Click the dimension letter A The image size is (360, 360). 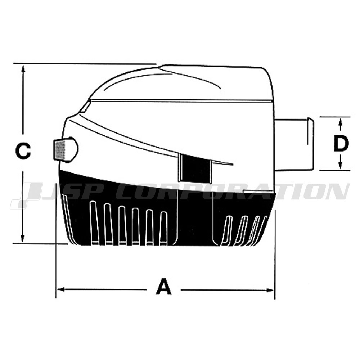click(163, 286)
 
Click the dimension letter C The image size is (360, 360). click(23, 151)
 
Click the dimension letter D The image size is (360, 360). click(341, 144)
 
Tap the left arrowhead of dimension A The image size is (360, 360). click(60, 289)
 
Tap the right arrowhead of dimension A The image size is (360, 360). click(270, 291)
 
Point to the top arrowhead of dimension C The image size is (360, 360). click(23, 69)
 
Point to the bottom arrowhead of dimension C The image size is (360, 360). click(22, 238)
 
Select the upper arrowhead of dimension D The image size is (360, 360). click(341, 121)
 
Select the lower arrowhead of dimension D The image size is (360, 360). click(341, 166)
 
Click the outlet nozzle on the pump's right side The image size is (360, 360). click(294, 144)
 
